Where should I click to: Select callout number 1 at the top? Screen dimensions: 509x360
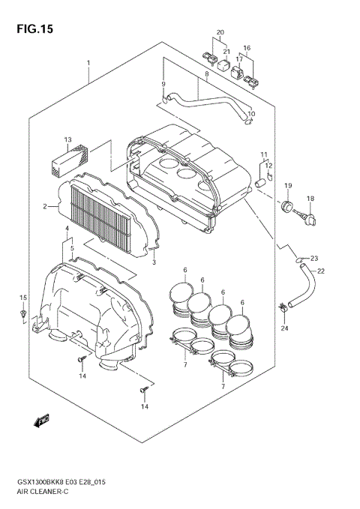(88, 62)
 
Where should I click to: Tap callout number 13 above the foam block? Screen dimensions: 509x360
(67, 140)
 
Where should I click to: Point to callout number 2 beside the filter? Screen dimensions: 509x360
(44, 206)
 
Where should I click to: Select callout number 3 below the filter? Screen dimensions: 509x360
(154, 262)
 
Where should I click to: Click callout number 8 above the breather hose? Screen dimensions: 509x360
(205, 75)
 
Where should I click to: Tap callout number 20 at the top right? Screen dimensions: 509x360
(220, 31)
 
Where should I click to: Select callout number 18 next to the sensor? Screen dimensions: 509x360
(310, 199)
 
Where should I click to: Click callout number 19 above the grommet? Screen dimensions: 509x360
(286, 184)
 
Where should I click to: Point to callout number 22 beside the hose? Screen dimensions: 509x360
(320, 271)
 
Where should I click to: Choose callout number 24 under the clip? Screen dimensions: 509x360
(284, 328)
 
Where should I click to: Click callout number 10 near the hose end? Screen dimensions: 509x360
(252, 114)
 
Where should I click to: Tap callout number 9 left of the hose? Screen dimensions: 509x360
(163, 84)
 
